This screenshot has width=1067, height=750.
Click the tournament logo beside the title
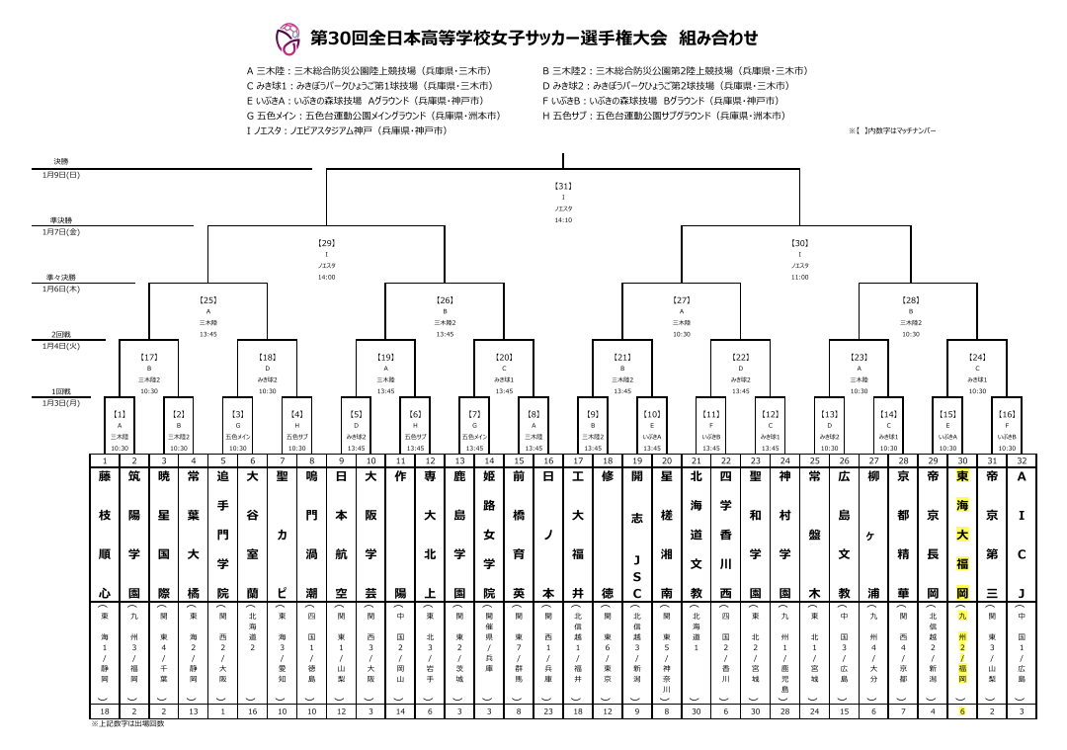coord(287,40)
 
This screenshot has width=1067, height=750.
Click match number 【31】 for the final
coord(563,185)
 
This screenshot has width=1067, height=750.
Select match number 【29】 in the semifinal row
coord(326,242)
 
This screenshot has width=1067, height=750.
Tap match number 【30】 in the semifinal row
coord(799,242)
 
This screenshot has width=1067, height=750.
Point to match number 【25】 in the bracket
coord(207,298)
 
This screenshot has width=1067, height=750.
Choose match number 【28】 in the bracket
coord(911,298)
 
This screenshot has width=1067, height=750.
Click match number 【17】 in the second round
coord(148,357)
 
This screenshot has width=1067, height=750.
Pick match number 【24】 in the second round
coord(977,357)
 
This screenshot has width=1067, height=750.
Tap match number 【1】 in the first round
coord(120,414)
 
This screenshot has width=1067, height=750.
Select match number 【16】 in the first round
coord(1007,414)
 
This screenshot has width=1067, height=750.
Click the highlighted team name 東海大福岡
coord(962,535)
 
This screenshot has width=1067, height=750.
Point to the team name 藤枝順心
coord(105,535)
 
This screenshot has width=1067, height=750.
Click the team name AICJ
coord(1022,535)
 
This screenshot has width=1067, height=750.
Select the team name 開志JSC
coord(637,535)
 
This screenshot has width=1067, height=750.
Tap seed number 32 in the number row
coord(1022,460)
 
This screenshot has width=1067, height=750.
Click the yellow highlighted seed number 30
coord(962,460)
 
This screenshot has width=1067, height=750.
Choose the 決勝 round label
coord(61,161)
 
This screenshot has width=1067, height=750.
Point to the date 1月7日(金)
coord(61,231)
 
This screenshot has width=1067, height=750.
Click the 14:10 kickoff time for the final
coord(563,220)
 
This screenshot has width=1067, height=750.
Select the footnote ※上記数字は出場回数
coord(127,723)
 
